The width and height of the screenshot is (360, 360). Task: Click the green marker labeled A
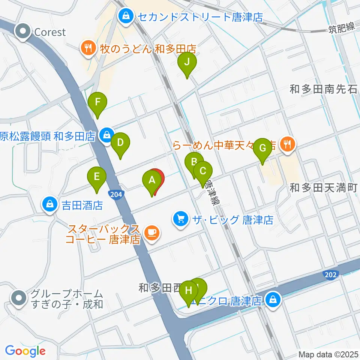[x=152, y=180]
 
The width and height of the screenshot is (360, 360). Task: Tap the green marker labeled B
[x=194, y=162]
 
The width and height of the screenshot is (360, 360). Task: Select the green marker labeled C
[x=203, y=171]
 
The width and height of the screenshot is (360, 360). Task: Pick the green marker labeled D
[x=120, y=143]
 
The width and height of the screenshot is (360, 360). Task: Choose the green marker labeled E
[x=97, y=176]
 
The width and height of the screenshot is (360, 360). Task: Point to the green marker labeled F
[x=97, y=102]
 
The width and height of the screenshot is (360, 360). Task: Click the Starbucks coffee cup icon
[x=151, y=233]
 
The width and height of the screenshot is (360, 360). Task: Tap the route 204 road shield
[x=116, y=194]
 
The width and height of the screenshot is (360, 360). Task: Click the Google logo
[x=25, y=351]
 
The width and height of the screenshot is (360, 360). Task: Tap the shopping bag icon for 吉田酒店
[x=50, y=205]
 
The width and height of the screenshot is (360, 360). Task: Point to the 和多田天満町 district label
[x=325, y=187]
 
